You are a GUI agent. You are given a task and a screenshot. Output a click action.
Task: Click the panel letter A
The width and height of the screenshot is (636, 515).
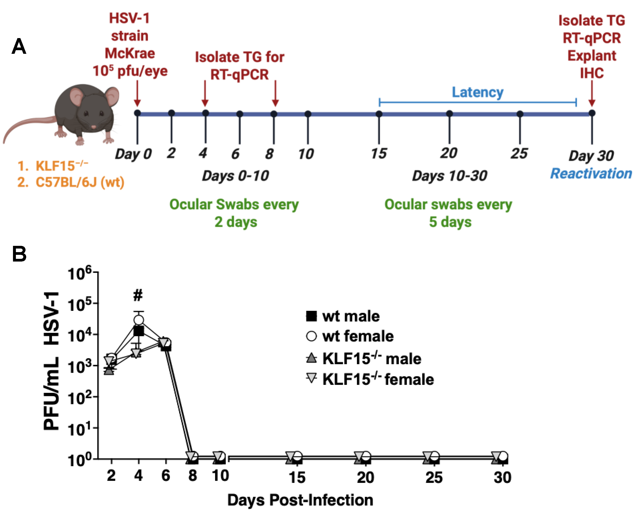[19, 47]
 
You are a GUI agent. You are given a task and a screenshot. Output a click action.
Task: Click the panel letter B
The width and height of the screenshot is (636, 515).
[19, 254]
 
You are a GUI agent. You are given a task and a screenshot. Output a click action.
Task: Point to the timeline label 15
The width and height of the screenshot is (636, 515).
[379, 153]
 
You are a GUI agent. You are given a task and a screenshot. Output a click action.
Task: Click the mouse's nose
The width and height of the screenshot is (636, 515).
[94, 127]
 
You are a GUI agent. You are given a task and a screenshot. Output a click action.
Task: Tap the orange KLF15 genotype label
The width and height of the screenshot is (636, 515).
[53, 166]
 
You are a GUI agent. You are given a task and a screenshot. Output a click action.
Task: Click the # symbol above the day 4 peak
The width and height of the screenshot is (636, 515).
[138, 295]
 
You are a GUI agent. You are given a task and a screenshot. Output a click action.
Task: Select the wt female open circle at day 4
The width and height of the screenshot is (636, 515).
[139, 320]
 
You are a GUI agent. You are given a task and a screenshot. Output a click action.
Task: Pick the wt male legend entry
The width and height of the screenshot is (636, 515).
[343, 316]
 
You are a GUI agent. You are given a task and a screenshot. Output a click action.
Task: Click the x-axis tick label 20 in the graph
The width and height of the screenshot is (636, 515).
[365, 477]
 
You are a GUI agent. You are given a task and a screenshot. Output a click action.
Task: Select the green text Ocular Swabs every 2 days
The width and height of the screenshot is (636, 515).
[234, 213]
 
